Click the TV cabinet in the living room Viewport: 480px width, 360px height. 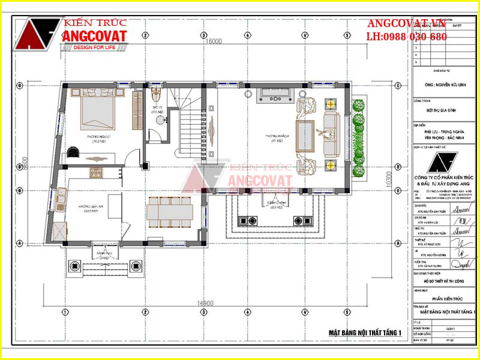[x=274, y=95]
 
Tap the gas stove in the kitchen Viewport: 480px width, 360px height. [x=97, y=173]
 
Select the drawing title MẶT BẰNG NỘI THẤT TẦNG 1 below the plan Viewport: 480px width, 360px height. [x=365, y=332]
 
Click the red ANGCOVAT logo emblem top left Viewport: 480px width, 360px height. [x=37, y=36]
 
